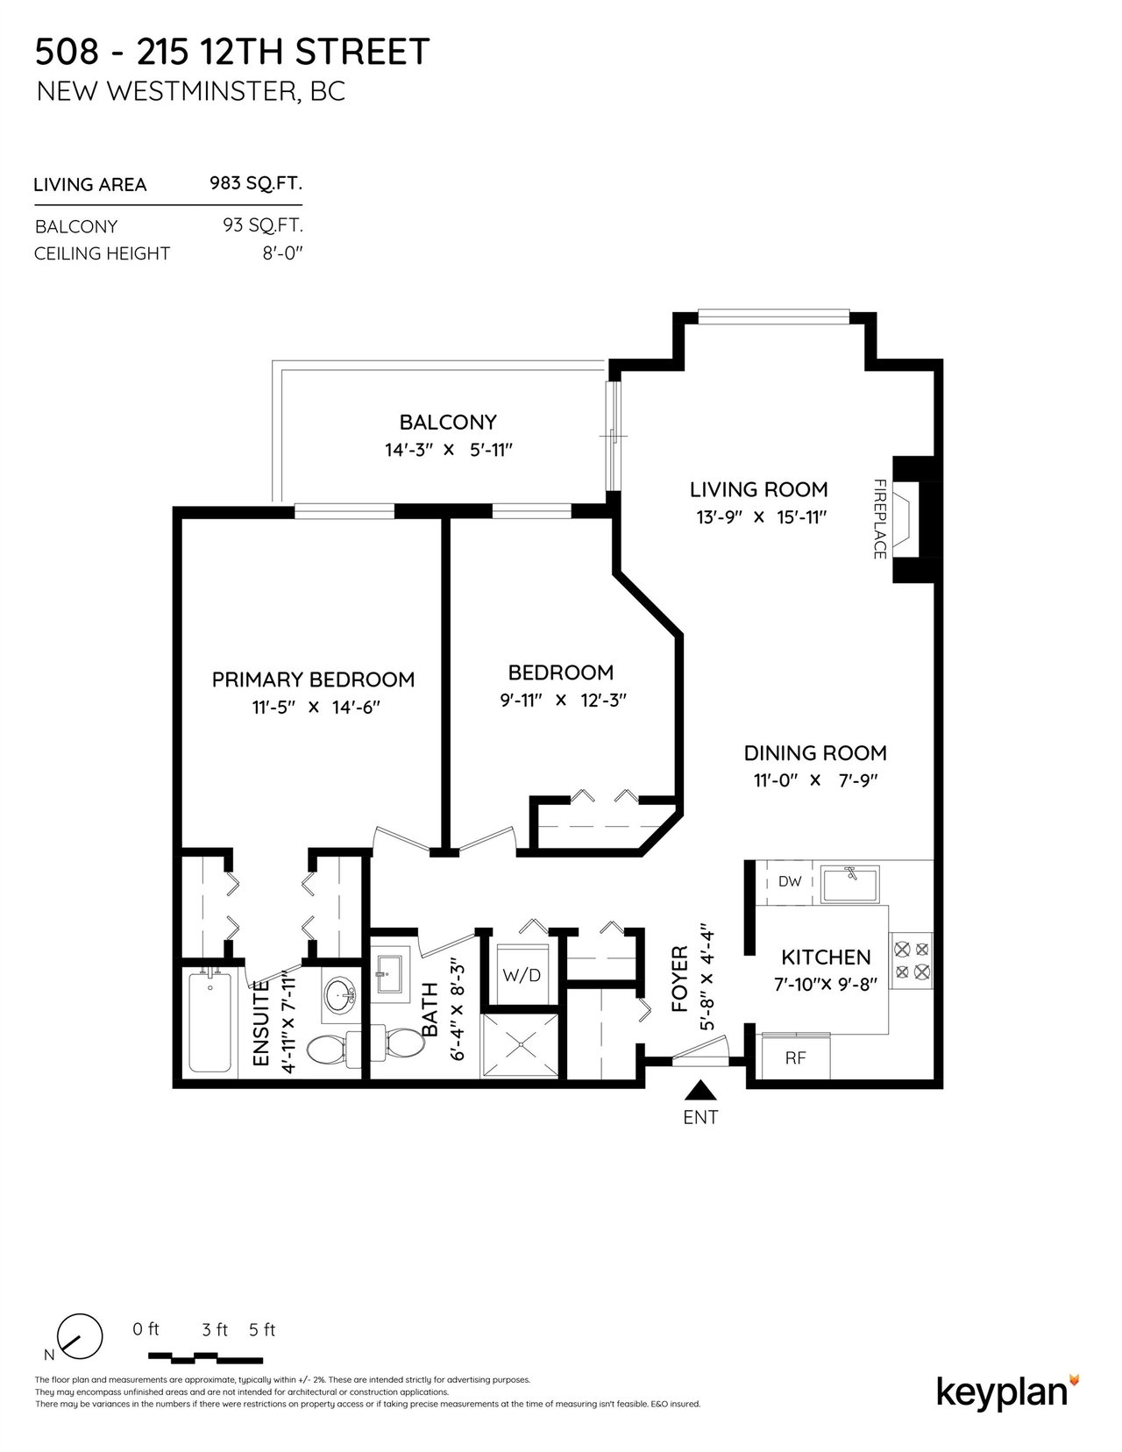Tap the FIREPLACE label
point(879,519)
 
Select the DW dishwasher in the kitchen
point(790,881)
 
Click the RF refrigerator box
point(795,1057)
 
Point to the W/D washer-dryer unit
point(521,976)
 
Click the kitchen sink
point(851,883)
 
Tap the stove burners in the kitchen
point(912,960)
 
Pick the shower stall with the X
point(519,1045)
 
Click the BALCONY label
point(448,423)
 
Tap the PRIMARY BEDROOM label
point(313,680)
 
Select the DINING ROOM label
point(815,753)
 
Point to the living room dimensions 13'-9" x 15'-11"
point(762,517)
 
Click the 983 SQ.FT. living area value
point(256,183)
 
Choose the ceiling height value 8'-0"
point(283,254)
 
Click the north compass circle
point(80,1335)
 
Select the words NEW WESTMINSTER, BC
point(191,91)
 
